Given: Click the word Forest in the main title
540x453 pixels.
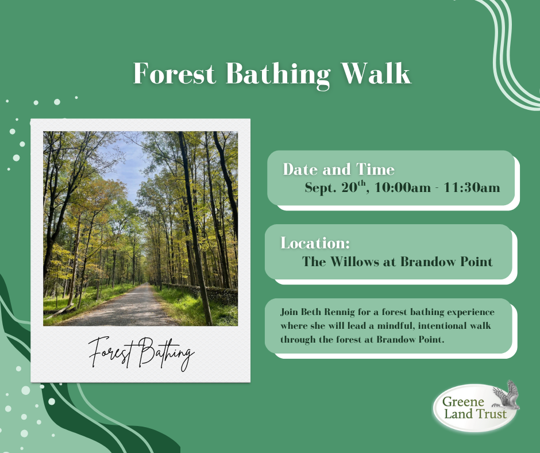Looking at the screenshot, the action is (x=174, y=73).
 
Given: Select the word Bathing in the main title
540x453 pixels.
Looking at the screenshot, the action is (x=278, y=75).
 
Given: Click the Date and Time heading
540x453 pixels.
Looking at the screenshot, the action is (x=338, y=169).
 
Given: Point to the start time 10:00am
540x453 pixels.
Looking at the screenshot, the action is (x=403, y=187).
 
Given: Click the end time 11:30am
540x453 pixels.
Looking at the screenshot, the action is (x=472, y=187).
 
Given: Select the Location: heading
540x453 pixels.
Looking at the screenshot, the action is (x=315, y=243).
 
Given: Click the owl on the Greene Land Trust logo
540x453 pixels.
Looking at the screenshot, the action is (x=507, y=395).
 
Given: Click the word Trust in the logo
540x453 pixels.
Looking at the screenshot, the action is (x=491, y=414).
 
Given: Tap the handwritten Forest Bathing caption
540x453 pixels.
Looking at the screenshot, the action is (x=141, y=354).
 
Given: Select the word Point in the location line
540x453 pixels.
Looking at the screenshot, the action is (x=477, y=262).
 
